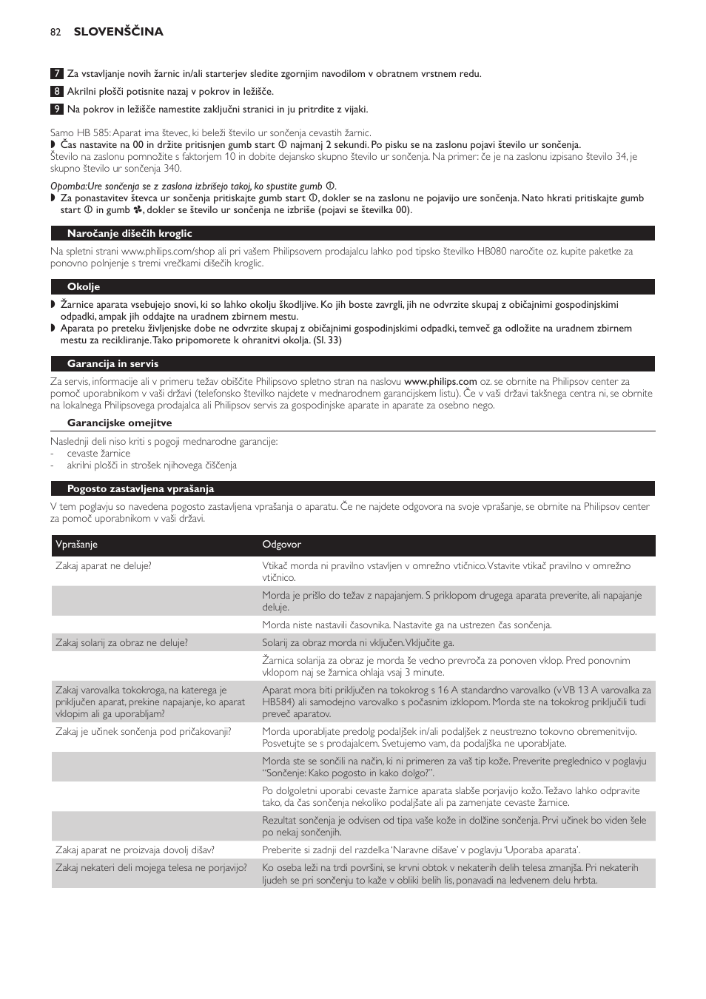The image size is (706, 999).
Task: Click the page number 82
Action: (56, 32)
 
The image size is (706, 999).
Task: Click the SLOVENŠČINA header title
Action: (118, 32)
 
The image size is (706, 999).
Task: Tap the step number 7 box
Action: (56, 74)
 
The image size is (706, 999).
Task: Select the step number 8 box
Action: (56, 92)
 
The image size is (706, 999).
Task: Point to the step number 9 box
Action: (56, 110)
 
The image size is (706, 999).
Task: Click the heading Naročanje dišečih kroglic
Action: (130, 234)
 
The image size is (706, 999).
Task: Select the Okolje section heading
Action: (83, 287)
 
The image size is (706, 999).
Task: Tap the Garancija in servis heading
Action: (112, 364)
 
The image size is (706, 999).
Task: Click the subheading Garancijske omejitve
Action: (119, 423)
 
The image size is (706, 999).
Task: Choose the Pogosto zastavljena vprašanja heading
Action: (140, 489)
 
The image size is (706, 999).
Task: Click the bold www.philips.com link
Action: (440, 382)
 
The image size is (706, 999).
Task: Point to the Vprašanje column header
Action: (76, 545)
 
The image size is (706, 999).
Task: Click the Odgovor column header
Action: (281, 545)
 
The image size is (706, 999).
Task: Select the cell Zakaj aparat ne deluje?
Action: (103, 566)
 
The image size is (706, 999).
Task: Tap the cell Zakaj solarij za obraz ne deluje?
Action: (121, 643)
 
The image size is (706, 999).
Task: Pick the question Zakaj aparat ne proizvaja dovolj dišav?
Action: (135, 850)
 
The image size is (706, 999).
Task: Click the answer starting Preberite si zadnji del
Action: (420, 850)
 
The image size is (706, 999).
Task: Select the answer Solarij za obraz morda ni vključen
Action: (357, 643)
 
